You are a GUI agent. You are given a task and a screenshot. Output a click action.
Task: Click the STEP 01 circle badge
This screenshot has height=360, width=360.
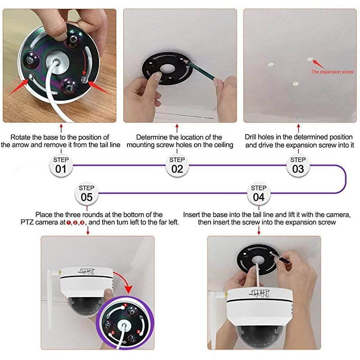pyautogui.click(x=61, y=165)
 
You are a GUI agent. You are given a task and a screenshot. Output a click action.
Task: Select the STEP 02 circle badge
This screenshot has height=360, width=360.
pyautogui.click(x=177, y=165)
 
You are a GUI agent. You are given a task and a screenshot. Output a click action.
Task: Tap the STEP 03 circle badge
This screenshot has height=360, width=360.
pyautogui.click(x=298, y=165)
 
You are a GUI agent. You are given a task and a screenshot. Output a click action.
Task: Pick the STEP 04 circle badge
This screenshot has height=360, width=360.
pyautogui.click(x=259, y=193)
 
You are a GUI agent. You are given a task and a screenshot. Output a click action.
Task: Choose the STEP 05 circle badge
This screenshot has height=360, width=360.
pyautogui.click(x=87, y=193)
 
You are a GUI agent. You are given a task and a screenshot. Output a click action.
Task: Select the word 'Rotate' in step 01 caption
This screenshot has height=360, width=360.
pyautogui.click(x=21, y=137)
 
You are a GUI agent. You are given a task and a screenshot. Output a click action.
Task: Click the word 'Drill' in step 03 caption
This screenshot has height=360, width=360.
pyautogui.click(x=252, y=137)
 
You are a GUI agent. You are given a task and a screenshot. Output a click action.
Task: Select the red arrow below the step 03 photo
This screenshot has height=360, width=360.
pyautogui.click(x=298, y=128)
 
